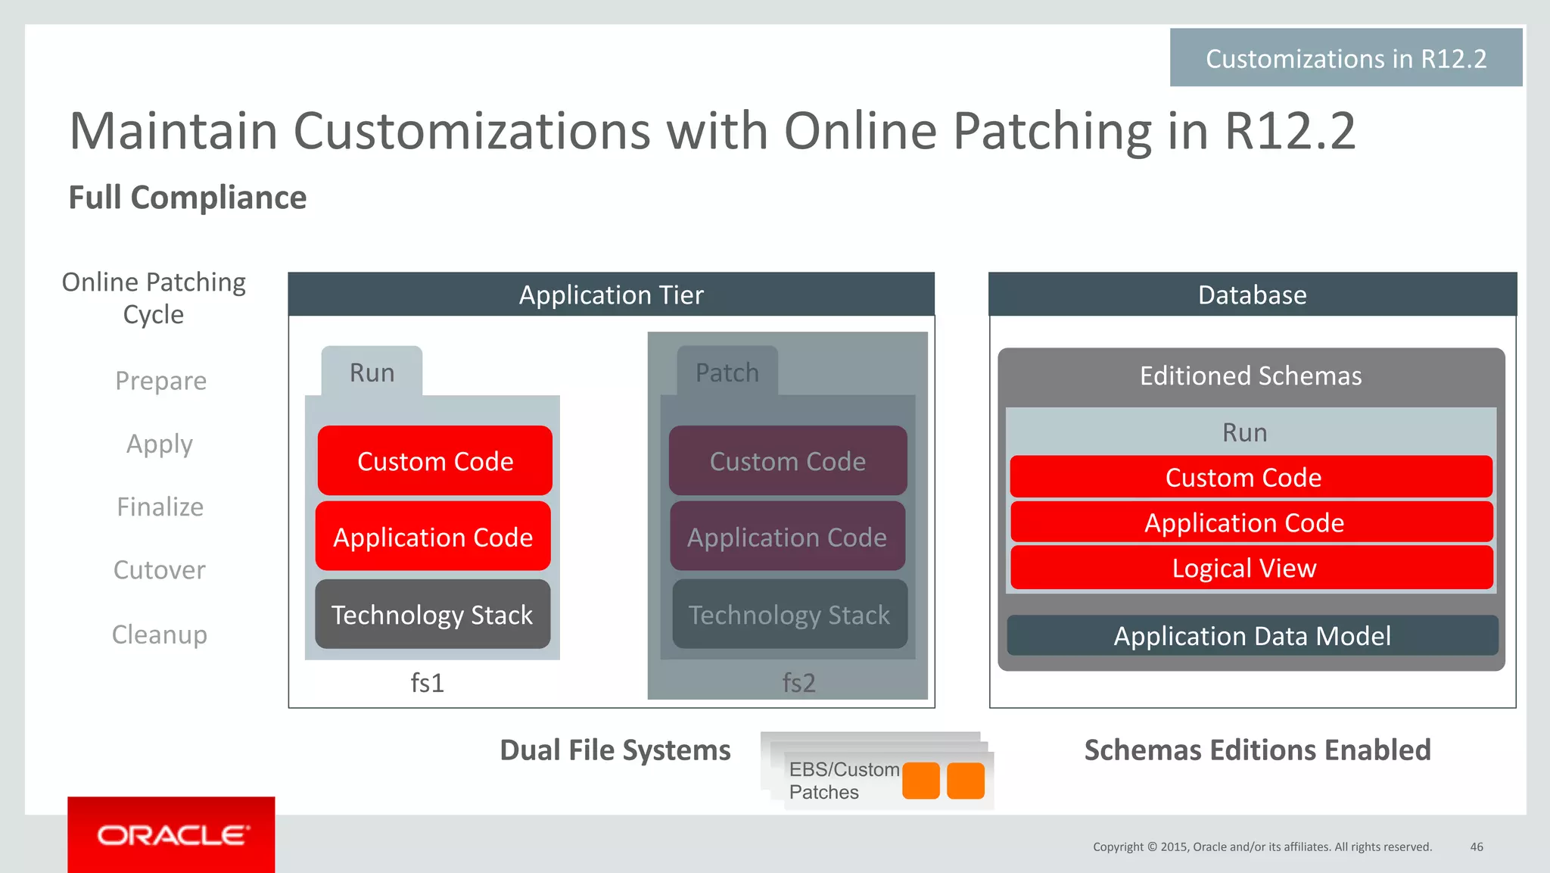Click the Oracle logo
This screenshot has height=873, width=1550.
coord(172,835)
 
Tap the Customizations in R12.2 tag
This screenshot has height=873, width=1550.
coord(1346,58)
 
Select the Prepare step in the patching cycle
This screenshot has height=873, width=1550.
coord(160,380)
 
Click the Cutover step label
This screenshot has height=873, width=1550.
coord(159,569)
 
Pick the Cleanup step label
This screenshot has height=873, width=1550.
coord(159,634)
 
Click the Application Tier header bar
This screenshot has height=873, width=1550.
coord(611,295)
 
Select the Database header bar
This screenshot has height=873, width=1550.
coord(1252,295)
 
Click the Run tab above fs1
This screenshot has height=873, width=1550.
coord(372,372)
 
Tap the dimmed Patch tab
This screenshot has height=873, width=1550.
coord(727,372)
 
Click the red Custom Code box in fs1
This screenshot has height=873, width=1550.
coord(435,461)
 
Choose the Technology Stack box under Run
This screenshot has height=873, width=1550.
coord(432,614)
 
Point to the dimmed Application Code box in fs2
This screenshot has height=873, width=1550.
coord(787,537)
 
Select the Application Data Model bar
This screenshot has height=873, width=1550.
coord(1252,635)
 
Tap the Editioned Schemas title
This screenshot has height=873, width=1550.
coord(1250,376)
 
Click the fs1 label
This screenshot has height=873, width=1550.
coord(427,683)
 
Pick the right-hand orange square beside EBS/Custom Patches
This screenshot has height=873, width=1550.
coord(966,781)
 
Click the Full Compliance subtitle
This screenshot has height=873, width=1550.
coord(188,198)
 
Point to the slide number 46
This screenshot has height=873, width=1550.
coord(1476,846)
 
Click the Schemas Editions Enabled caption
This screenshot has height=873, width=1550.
coord(1257,750)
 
